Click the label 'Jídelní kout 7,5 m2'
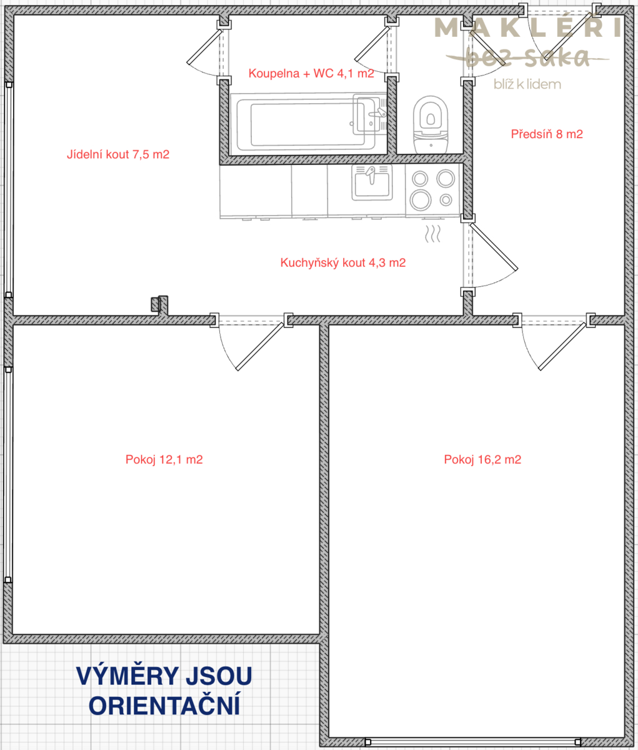(x=118, y=154)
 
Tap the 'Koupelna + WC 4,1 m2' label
(x=311, y=74)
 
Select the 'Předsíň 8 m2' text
(x=547, y=134)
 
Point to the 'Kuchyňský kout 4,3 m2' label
(x=343, y=262)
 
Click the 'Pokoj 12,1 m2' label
(x=164, y=460)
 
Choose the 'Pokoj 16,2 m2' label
(x=482, y=460)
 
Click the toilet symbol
(x=431, y=125)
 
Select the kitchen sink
(x=372, y=182)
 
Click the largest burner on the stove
(x=421, y=199)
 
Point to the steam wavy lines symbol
(x=432, y=234)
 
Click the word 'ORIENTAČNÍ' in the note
(x=164, y=706)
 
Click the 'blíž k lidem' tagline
(x=527, y=84)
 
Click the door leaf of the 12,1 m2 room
(x=260, y=346)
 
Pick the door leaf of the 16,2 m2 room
(x=562, y=346)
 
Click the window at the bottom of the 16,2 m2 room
(x=473, y=742)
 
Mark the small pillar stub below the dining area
(x=159, y=304)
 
